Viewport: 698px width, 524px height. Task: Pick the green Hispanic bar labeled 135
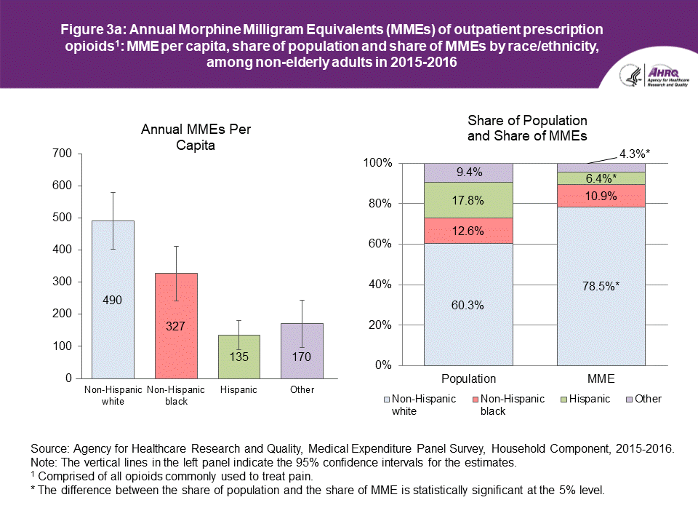(239, 356)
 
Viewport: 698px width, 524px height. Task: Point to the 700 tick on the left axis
(63, 154)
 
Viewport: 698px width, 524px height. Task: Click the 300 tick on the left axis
(63, 282)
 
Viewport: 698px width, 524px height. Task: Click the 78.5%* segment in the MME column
(601, 285)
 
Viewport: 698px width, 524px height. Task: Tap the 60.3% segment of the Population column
(468, 304)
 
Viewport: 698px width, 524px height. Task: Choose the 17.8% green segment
(468, 199)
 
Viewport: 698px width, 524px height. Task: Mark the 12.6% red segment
(468, 231)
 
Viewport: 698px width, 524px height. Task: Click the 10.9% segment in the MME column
(601, 196)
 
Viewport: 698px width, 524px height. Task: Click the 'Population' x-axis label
(468, 379)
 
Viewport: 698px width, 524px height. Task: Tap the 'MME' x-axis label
(601, 379)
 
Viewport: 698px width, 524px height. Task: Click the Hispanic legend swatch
(565, 400)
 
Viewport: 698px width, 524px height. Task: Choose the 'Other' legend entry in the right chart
(648, 399)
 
